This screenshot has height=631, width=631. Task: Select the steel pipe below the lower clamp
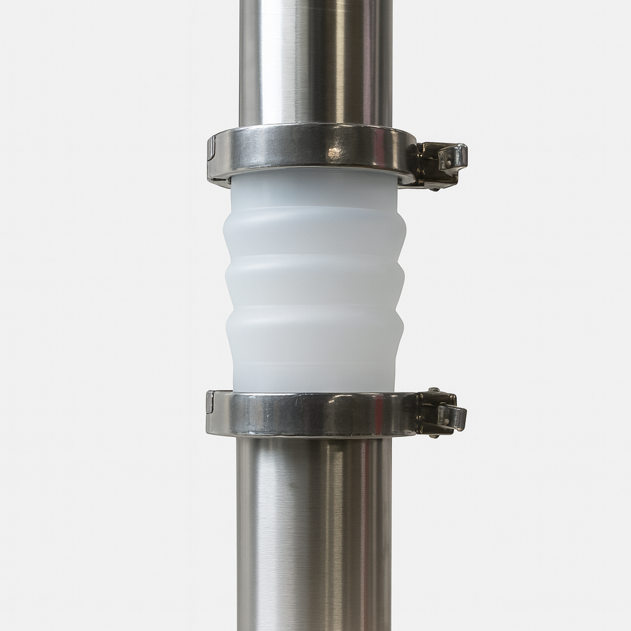314,530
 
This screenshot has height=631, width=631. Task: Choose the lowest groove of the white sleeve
314,309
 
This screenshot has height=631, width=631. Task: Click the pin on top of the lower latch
434,390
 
